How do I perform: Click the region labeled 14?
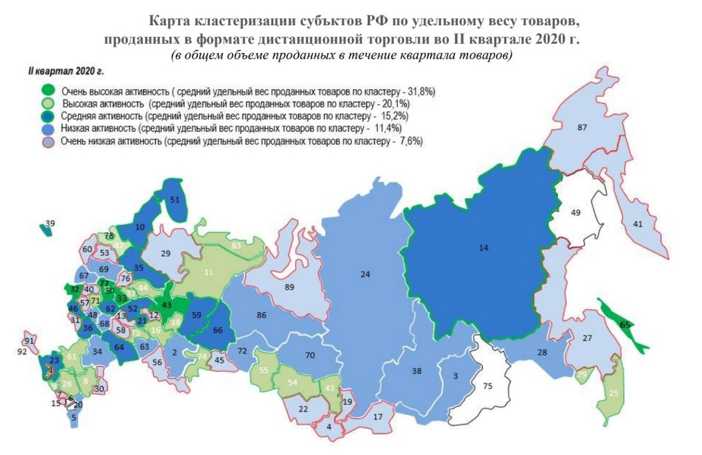coord(483,248)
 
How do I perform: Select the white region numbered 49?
coord(575,212)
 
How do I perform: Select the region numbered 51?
coord(174,200)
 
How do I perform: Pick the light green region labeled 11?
coord(208,272)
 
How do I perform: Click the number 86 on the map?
coord(261,315)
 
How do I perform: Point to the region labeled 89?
coord(288,287)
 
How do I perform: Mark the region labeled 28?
coord(541,352)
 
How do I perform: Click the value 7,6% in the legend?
coord(410,141)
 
